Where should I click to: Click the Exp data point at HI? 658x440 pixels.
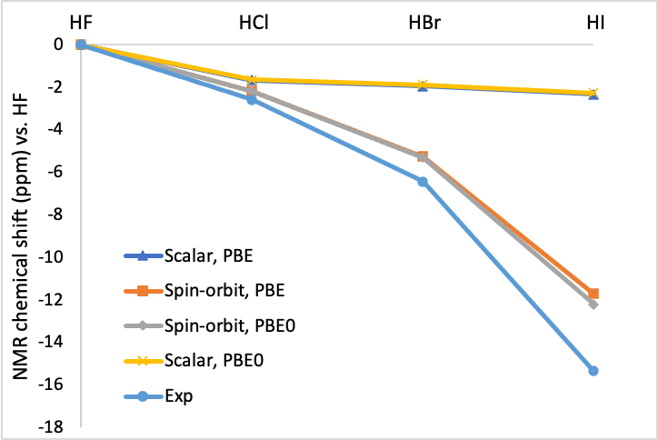pyautogui.click(x=593, y=370)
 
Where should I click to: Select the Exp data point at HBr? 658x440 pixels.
pyautogui.click(x=423, y=182)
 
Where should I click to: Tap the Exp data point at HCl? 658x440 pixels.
pyautogui.click(x=252, y=99)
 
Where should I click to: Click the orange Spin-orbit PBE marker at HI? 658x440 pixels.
pyautogui.click(x=593, y=294)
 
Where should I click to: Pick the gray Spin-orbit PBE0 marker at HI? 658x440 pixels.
pyautogui.click(x=593, y=305)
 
